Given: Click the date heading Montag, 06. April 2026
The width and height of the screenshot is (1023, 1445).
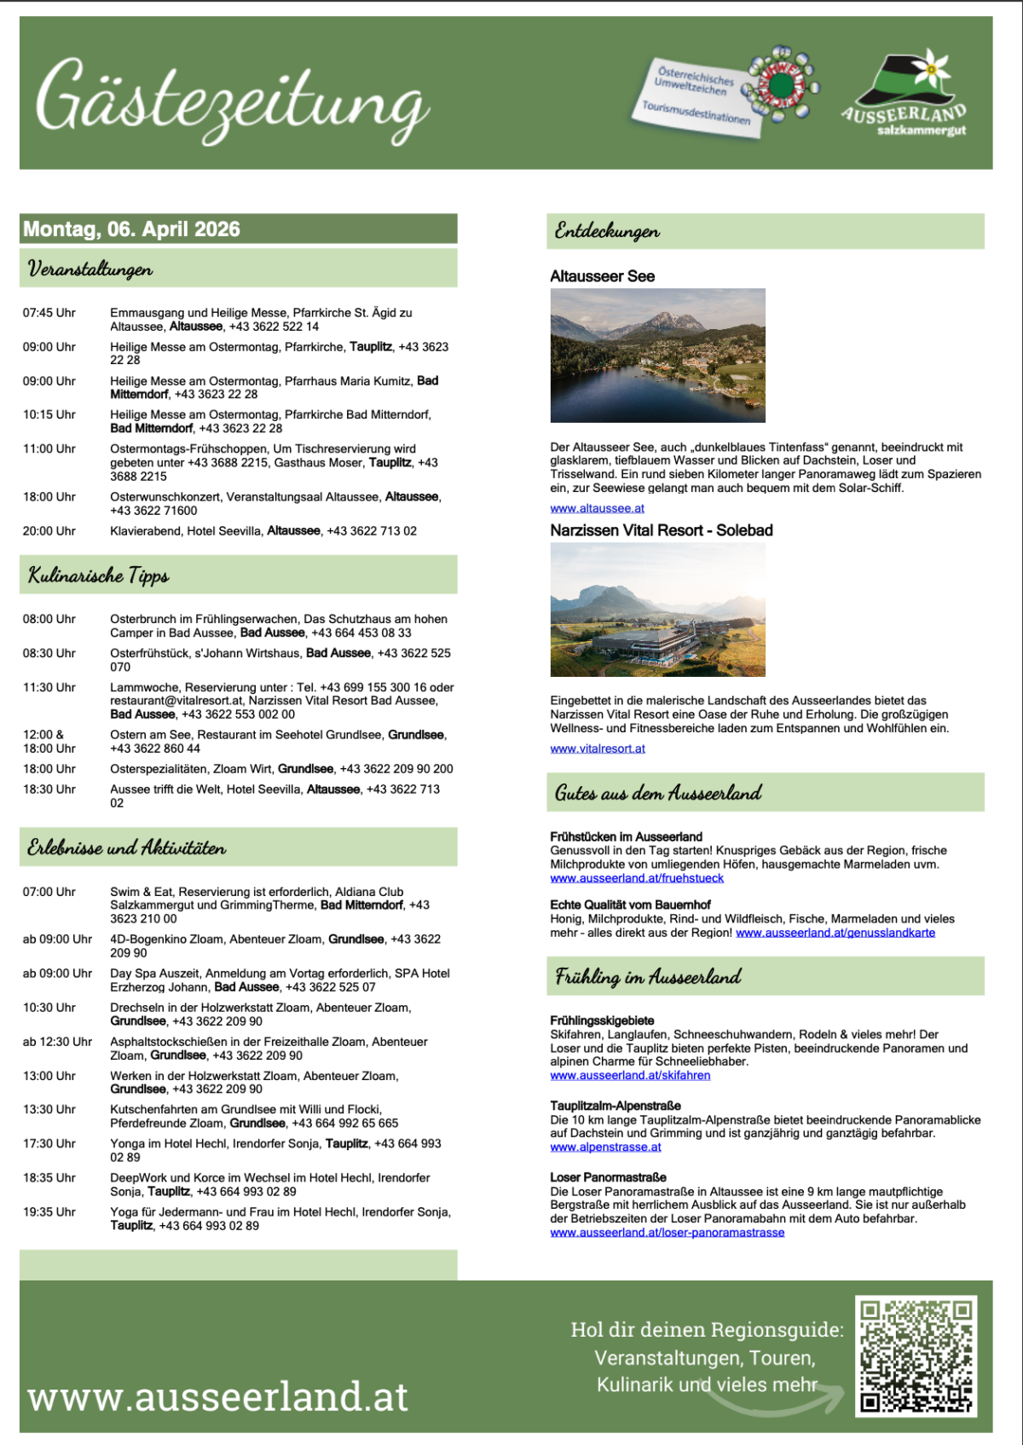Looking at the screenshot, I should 132,229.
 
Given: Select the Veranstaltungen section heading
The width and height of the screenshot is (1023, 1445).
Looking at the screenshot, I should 90,269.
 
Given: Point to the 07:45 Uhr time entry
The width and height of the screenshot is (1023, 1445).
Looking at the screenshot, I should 49,313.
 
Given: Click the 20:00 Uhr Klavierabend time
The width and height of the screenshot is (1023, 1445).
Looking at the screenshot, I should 49,531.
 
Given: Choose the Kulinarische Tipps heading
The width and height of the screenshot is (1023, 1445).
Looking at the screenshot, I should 99,575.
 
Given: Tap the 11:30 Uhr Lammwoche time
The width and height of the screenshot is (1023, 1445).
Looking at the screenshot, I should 49,687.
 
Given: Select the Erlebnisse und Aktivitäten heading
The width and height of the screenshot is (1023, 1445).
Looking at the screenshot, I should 127,847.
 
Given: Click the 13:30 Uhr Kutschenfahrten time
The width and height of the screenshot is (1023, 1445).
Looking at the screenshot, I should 49,1109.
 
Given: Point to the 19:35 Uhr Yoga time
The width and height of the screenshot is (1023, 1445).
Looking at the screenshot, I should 49,1211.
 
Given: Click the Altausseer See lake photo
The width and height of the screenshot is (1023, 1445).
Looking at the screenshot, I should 657,355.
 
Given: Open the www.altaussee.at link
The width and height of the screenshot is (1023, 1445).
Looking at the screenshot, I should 597,508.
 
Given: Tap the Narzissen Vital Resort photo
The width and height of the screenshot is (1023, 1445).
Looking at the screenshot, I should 657,610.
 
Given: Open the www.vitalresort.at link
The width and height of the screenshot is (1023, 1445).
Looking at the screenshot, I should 598,749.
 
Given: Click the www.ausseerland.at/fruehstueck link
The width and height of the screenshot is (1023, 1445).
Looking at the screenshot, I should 637,878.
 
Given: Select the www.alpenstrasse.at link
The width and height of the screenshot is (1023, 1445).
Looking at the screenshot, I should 605,1147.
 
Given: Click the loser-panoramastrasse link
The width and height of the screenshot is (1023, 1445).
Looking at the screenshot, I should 667,1233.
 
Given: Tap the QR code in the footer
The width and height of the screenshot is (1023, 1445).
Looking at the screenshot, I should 916,1355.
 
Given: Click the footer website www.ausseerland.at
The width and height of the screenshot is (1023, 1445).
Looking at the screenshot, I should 218,1396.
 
